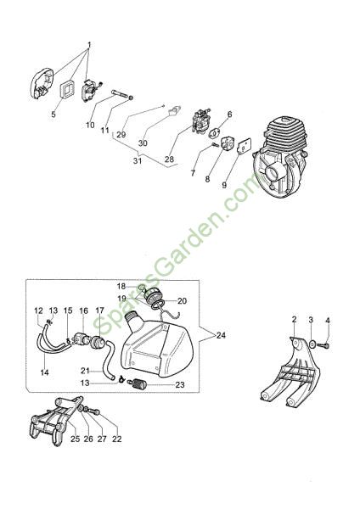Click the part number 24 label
click(221, 335)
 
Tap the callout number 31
click(138, 160)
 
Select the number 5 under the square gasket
click(53, 115)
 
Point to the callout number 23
click(180, 384)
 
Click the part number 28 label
click(169, 159)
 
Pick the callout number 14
click(44, 372)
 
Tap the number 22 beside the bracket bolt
click(116, 439)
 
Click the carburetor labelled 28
click(200, 121)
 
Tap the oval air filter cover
click(42, 83)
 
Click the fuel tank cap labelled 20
click(153, 296)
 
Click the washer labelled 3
click(312, 344)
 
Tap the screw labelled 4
click(323, 346)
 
